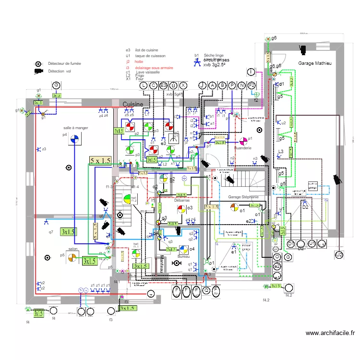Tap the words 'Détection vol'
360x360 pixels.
click(60, 71)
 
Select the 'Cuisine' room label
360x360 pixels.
click(133, 104)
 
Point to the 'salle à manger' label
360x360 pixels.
click(76, 128)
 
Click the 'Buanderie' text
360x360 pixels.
click(243, 148)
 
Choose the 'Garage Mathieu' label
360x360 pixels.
click(314, 63)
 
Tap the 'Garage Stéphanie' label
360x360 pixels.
click(243, 197)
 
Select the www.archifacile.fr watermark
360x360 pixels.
click(330, 333)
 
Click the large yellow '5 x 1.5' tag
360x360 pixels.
click(100, 161)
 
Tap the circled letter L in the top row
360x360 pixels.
click(143, 85)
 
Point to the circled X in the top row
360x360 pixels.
click(182, 85)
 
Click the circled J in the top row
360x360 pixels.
click(202, 85)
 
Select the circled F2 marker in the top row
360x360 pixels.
click(252, 85)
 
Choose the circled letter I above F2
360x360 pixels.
click(251, 72)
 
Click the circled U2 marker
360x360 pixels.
click(339, 254)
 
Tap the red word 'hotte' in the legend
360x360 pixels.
click(139, 61)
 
